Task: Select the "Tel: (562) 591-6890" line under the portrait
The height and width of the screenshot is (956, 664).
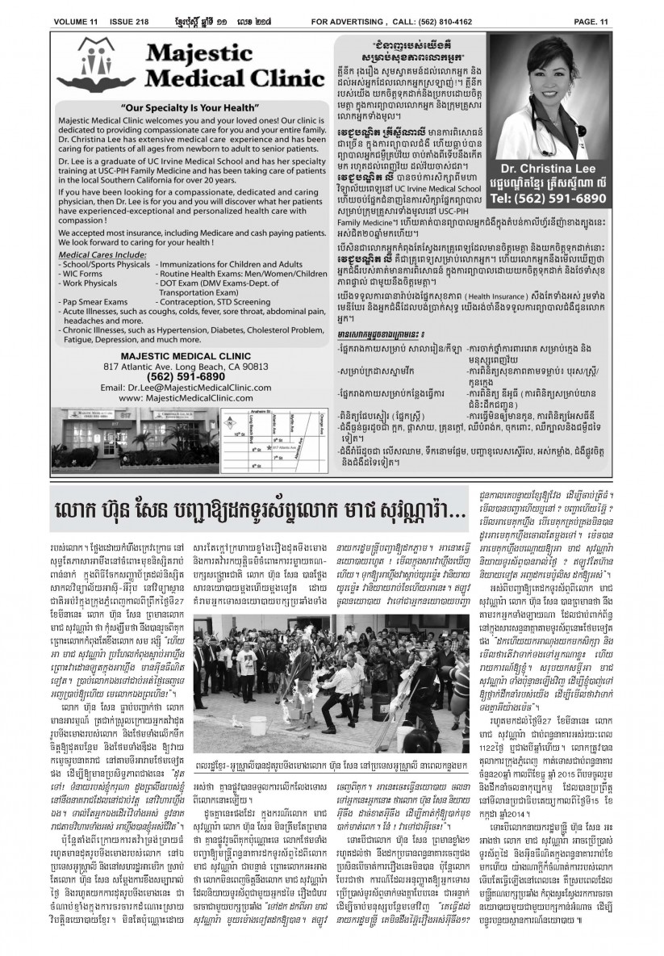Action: (x=560, y=197)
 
